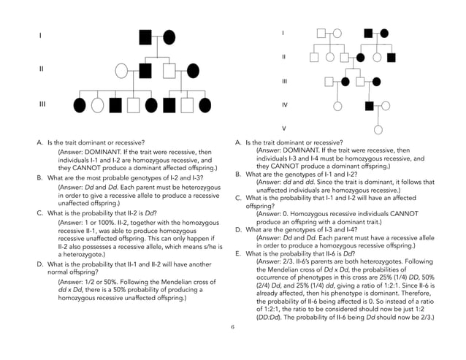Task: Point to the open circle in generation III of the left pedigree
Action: point(97,104)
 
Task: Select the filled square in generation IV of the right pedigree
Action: point(370,105)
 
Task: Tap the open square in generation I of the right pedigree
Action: point(321,33)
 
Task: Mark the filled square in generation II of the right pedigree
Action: point(391,57)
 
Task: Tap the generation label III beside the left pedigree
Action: point(42,104)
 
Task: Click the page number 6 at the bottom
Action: point(232,326)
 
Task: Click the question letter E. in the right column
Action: point(237,253)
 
